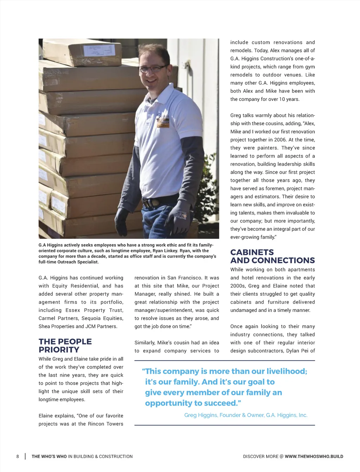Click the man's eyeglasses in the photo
click(153, 68)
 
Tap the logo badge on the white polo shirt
click(162, 121)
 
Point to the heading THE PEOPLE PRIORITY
click(65, 346)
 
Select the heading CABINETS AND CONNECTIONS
click(272, 256)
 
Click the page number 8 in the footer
click(18, 457)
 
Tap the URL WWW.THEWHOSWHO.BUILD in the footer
click(314, 457)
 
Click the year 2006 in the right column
click(280, 140)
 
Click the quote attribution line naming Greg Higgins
click(246, 415)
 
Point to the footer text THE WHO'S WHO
click(49, 457)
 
